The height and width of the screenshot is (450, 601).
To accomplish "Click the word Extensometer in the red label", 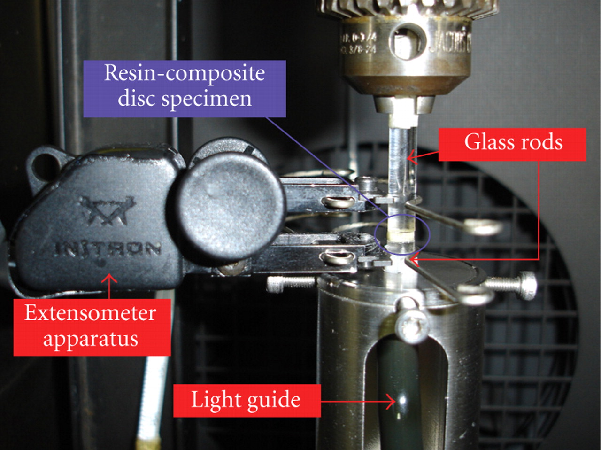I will (90, 313).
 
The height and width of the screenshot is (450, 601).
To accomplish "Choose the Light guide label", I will (246, 400).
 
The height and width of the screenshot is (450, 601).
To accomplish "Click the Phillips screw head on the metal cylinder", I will (412, 324).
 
